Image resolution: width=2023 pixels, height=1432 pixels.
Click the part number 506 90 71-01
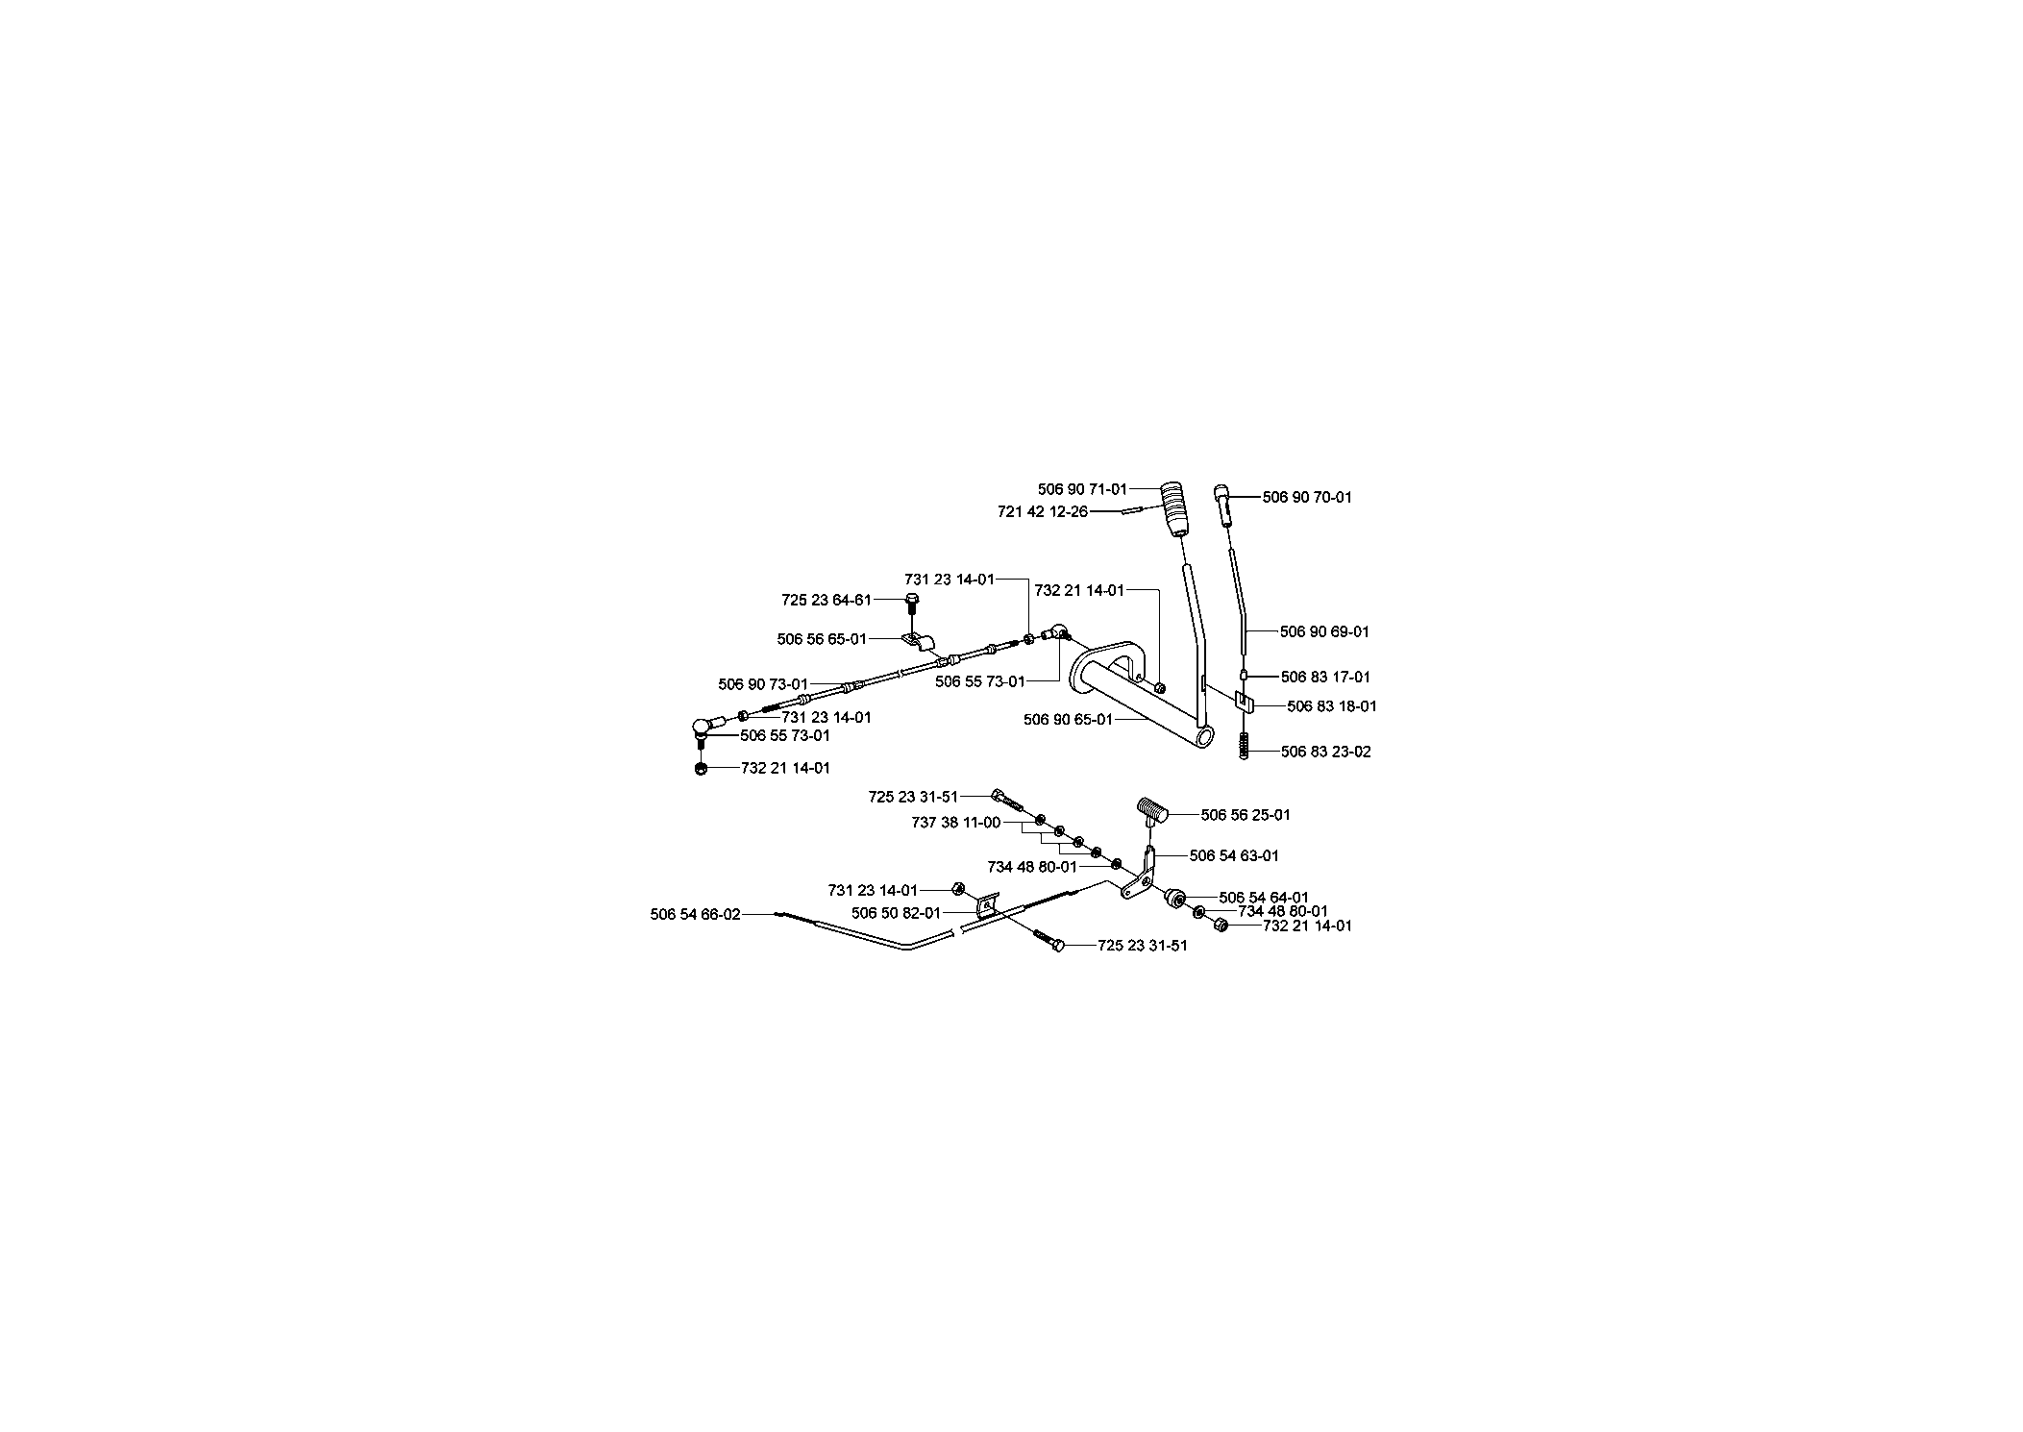tap(1082, 489)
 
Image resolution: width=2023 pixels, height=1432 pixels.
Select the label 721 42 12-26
tap(1043, 512)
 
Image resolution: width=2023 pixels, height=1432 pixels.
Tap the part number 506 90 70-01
tap(1307, 498)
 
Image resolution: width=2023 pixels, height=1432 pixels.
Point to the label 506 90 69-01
tap(1324, 632)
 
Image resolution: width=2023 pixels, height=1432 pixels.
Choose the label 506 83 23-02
tap(1326, 753)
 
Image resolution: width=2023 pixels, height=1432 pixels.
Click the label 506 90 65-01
tap(1068, 719)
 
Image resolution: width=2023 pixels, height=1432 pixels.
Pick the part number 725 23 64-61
tap(826, 601)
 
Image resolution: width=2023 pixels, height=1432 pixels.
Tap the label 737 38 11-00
tap(956, 823)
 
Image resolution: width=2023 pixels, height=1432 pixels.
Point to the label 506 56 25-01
tap(1246, 815)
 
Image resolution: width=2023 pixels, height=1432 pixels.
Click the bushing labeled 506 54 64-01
tap(1174, 898)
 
